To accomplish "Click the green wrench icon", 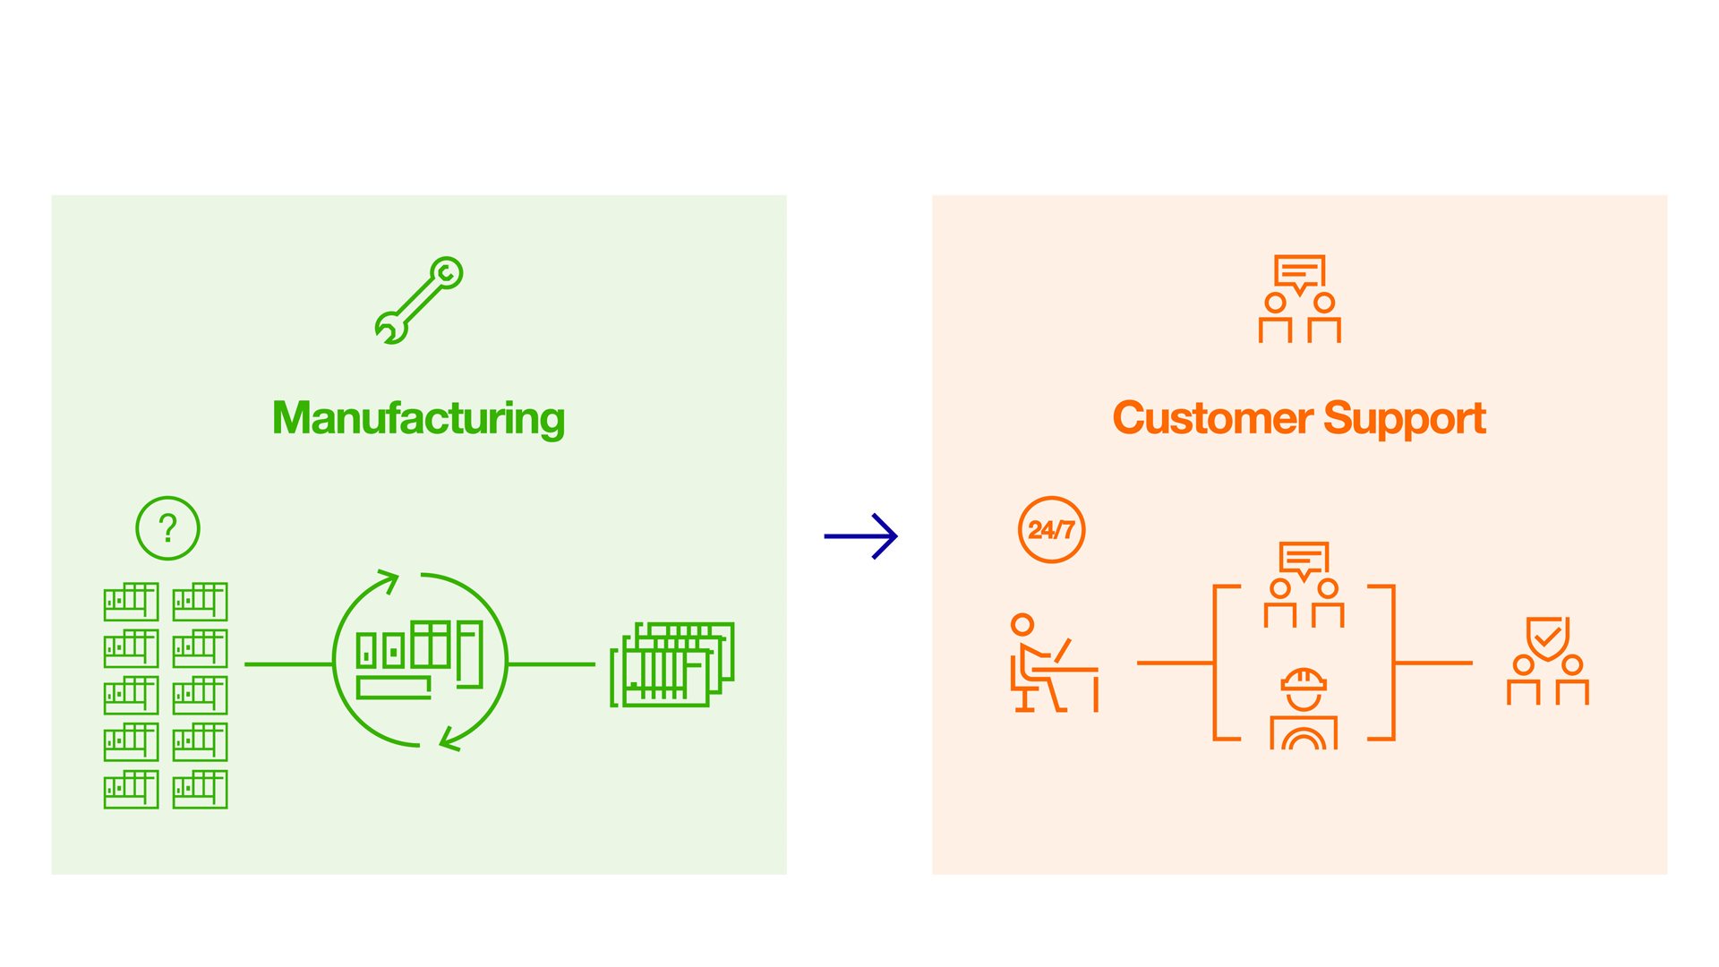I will (418, 300).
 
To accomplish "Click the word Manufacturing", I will (418, 418).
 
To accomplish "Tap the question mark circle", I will (167, 528).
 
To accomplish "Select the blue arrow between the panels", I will (860, 536).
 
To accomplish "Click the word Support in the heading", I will (1404, 418).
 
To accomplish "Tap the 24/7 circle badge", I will (1051, 530).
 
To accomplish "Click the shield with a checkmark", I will (1547, 638).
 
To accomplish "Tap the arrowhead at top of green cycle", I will (390, 579).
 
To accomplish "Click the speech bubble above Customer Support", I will (1299, 272).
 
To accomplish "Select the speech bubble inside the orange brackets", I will (1304, 559).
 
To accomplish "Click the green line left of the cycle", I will (288, 664).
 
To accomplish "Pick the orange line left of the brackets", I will (1175, 663).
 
